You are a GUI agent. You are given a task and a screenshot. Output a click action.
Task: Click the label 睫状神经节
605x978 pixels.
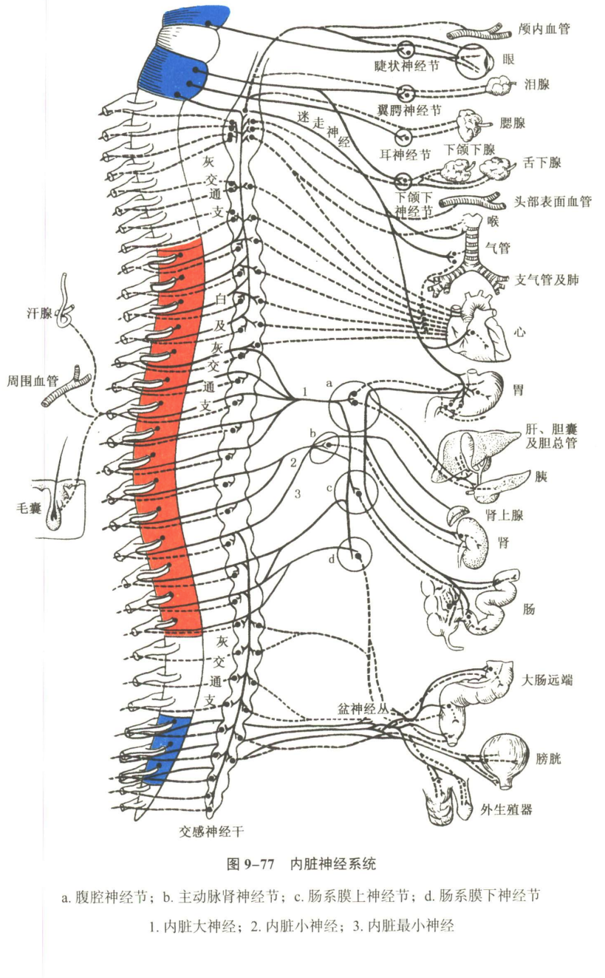tap(406, 67)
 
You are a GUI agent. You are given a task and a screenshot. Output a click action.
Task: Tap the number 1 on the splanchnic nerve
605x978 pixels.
tap(305, 392)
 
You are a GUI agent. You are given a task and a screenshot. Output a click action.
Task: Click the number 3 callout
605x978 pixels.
tap(298, 494)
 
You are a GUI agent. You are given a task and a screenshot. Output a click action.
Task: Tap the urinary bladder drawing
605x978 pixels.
tap(505, 760)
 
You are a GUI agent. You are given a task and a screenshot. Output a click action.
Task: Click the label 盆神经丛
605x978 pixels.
tap(363, 709)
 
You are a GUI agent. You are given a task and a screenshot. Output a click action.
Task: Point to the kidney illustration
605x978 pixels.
tap(472, 544)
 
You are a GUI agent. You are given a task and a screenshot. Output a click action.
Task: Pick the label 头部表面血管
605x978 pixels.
tap(553, 201)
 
